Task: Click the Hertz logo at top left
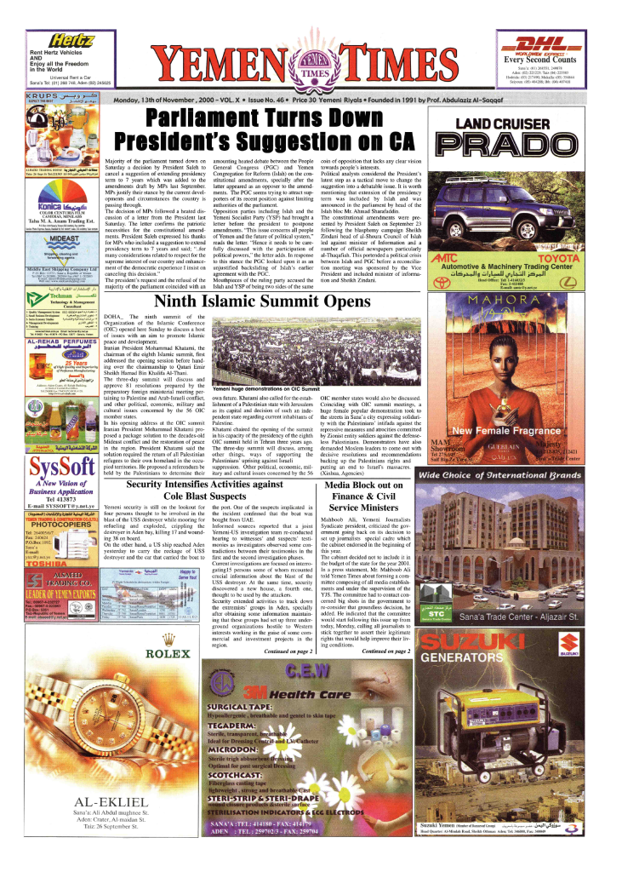pyautogui.click(x=72, y=39)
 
